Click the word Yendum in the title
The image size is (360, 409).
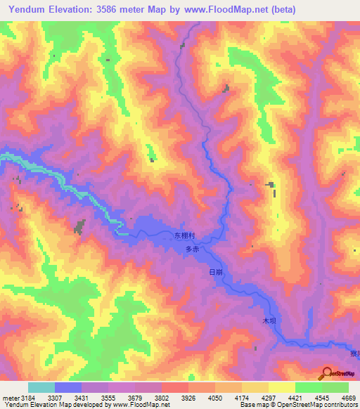pos(30,10)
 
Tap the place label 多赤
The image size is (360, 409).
pos(193,249)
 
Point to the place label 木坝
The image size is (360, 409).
pos(268,320)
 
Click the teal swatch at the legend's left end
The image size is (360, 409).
pos(41,387)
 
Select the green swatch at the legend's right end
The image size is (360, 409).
pos(335,387)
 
